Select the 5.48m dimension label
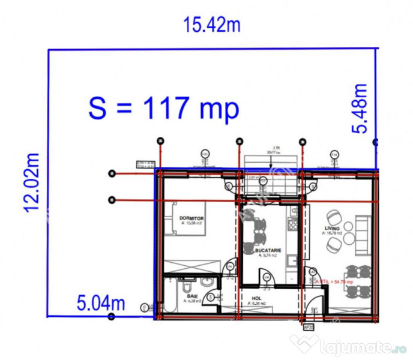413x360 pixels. click(x=360, y=109)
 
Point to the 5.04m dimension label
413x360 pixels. click(x=101, y=303)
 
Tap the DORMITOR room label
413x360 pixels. click(x=191, y=219)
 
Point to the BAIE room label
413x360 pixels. click(x=192, y=296)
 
